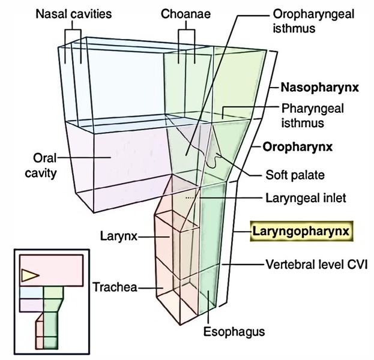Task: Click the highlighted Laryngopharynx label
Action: pos(301,231)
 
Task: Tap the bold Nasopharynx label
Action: pos(319,88)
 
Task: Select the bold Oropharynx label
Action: pos(297,147)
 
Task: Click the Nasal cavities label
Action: pos(74,14)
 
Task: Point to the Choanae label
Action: pos(186,14)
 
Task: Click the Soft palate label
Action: pos(295,175)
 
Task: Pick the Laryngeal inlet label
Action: pos(306,198)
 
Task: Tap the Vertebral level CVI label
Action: pos(317,265)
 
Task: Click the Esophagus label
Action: pos(234,332)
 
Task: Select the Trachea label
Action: pos(115,287)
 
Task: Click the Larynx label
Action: pos(119,236)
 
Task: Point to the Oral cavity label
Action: pos(41,166)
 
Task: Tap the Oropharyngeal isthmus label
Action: pos(313,21)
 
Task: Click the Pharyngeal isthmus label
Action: pos(313,116)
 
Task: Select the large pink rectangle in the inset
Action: pos(51,270)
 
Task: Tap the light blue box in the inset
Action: pos(31,292)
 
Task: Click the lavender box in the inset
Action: pos(31,305)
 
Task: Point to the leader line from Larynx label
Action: pos(154,237)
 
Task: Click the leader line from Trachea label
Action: pos(150,288)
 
